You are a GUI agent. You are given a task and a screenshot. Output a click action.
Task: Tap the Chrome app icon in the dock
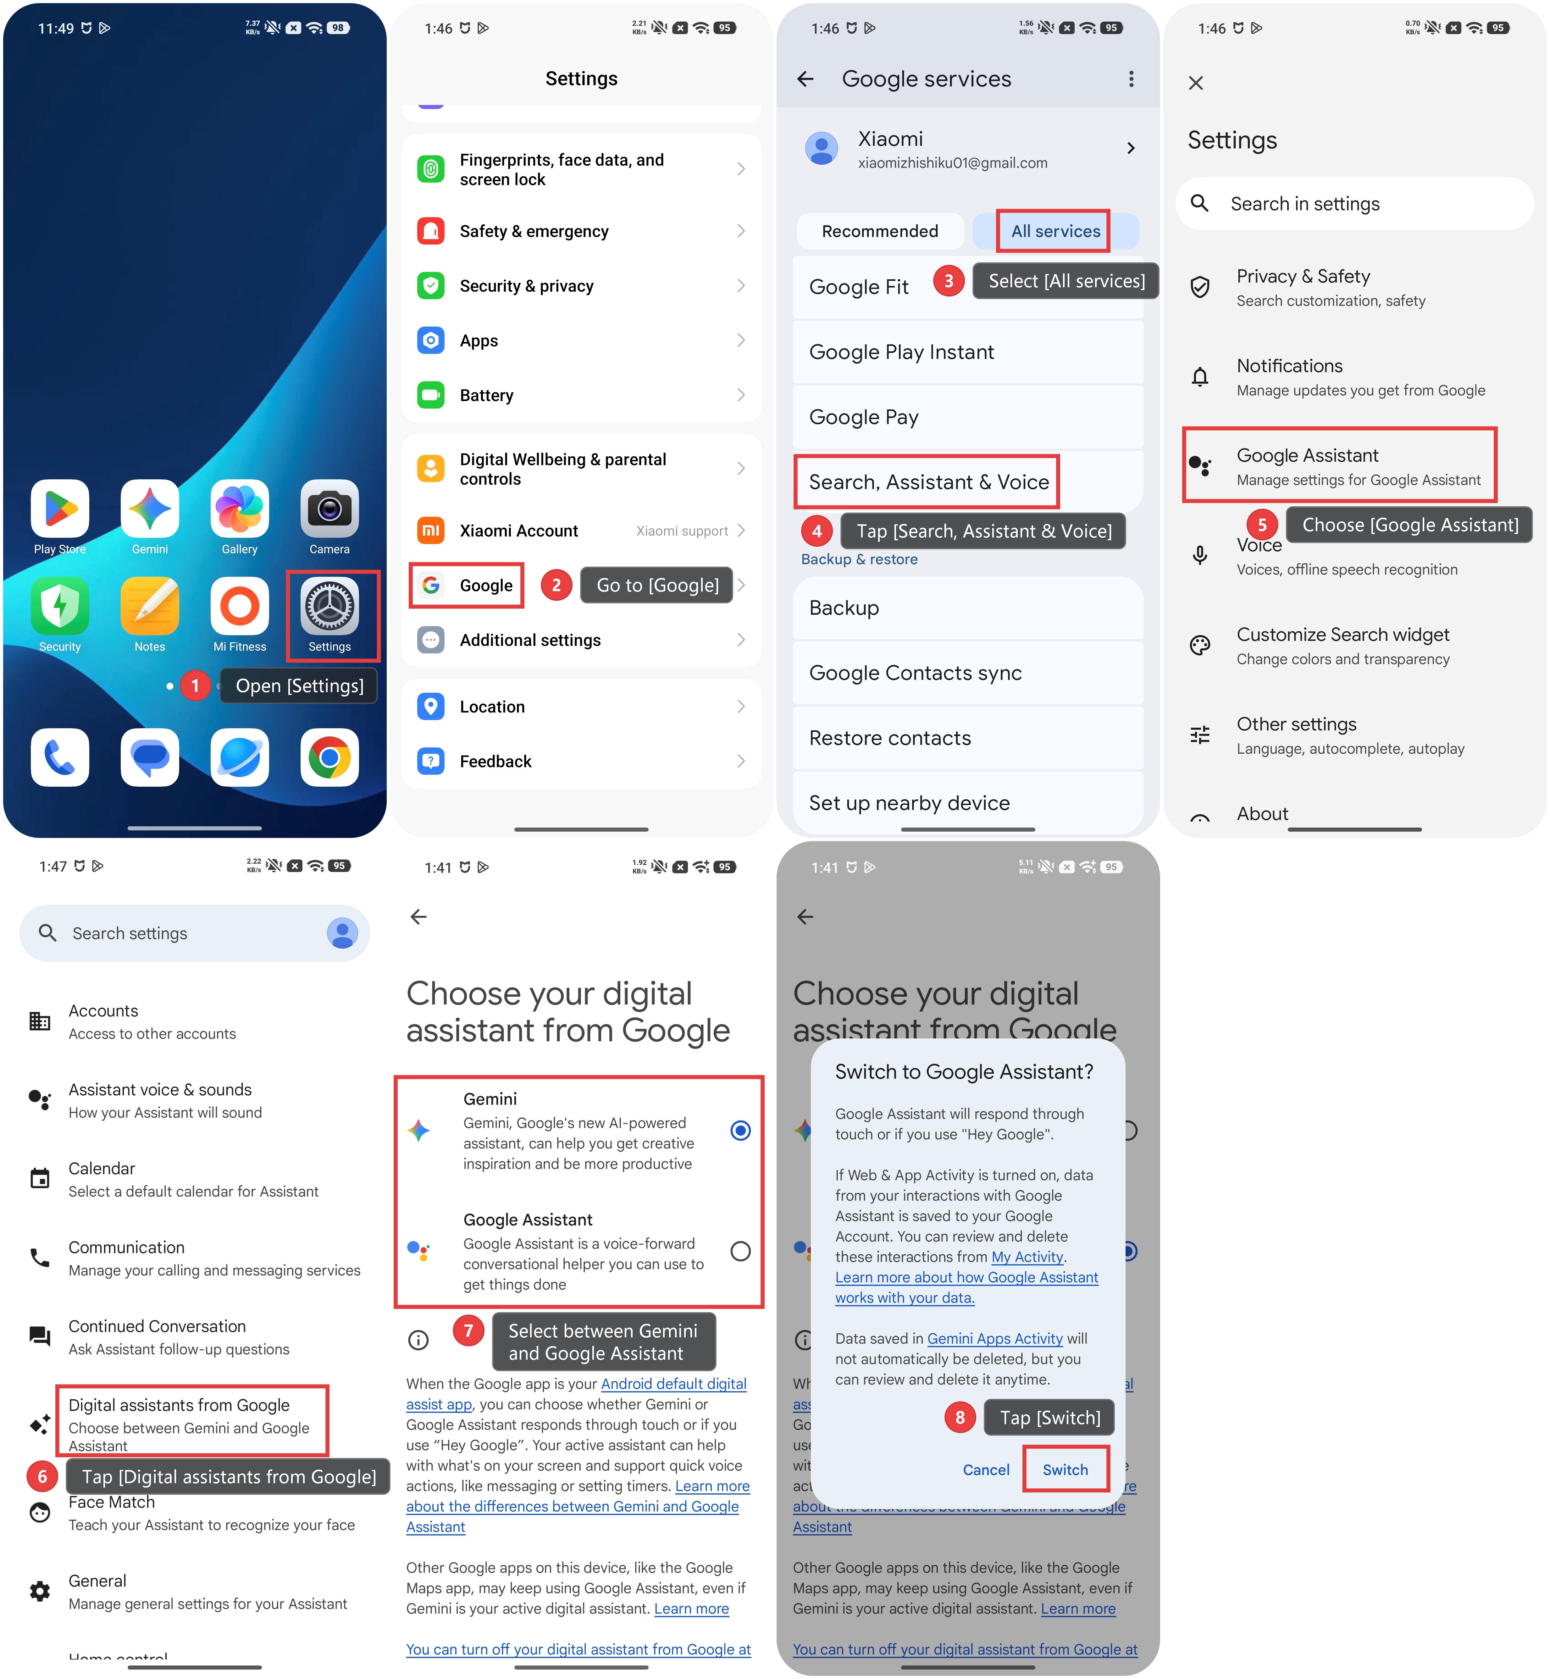click(x=329, y=757)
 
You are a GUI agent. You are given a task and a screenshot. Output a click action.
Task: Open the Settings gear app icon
click(x=329, y=606)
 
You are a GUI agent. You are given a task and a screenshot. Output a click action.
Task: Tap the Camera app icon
click(x=329, y=508)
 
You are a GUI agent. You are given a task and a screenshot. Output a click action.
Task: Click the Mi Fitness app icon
click(x=240, y=606)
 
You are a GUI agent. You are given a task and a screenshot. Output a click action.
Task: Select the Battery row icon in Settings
click(x=431, y=395)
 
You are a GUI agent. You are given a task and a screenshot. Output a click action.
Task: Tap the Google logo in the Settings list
click(x=431, y=585)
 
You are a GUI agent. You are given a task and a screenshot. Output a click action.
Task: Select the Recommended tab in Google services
click(x=880, y=231)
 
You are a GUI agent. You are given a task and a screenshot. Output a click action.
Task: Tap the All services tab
click(x=1055, y=231)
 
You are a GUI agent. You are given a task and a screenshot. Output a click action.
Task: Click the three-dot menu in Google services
click(x=1132, y=79)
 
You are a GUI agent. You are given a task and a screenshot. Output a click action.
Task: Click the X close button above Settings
click(x=1196, y=83)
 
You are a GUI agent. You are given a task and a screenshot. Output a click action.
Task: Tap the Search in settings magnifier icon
click(x=1200, y=203)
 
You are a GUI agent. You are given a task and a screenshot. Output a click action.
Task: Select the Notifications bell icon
click(x=1200, y=377)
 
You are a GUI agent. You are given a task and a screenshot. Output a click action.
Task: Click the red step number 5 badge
click(x=1262, y=525)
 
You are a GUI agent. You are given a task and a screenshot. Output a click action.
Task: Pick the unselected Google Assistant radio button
click(x=741, y=1251)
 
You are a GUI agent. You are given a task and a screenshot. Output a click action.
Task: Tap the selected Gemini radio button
click(x=741, y=1131)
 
